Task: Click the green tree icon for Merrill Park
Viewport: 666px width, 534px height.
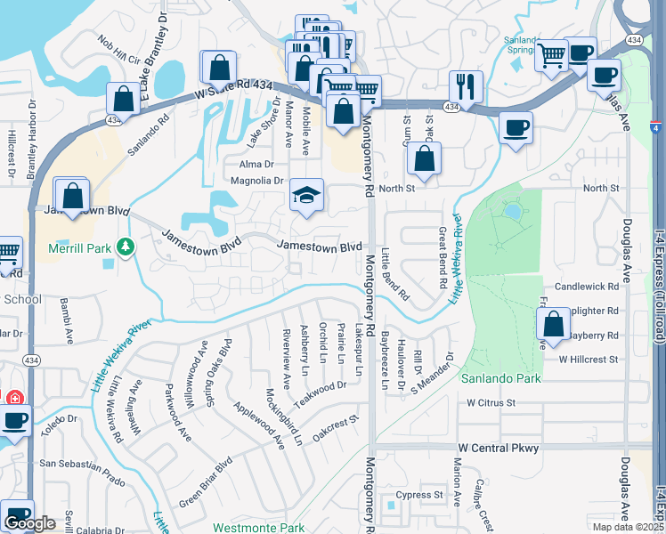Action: (x=126, y=246)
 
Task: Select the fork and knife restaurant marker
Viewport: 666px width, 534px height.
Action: (x=466, y=86)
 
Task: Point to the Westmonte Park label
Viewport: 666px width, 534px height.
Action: (x=259, y=528)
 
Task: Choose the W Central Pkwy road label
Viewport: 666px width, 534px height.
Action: (x=499, y=448)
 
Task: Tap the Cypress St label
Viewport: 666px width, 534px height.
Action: (x=419, y=495)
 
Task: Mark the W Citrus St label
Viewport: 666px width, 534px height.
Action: (x=491, y=402)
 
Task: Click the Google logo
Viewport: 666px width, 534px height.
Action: (x=29, y=523)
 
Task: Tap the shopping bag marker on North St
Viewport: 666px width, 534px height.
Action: (x=425, y=160)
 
